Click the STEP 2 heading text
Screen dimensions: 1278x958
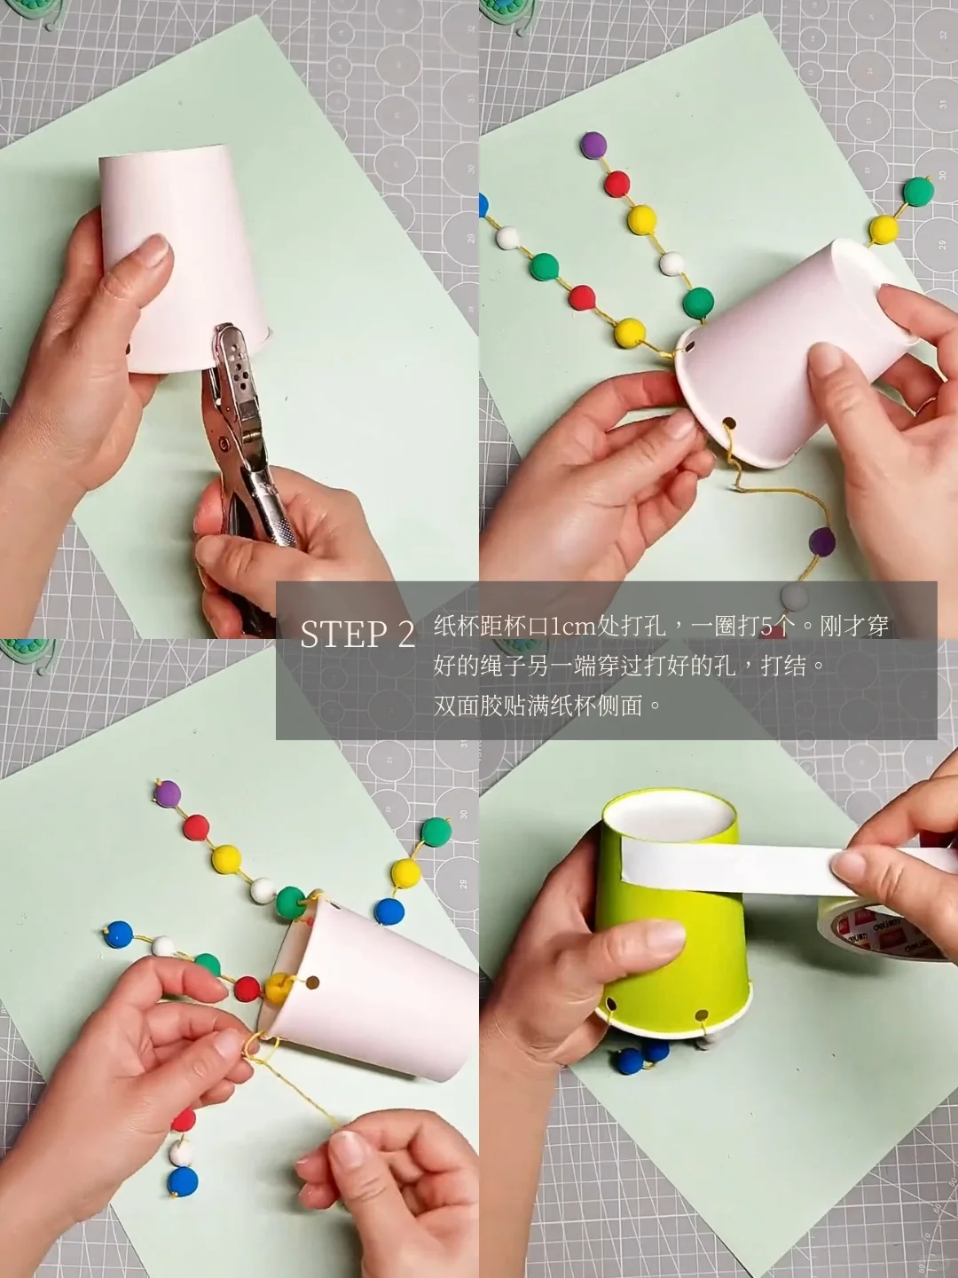pos(357,635)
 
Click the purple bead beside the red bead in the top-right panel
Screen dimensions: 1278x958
pos(593,145)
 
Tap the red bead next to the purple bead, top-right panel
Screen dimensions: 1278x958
pos(616,185)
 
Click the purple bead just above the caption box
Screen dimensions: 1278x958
pos(822,540)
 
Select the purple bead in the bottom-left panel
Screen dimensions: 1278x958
pos(169,792)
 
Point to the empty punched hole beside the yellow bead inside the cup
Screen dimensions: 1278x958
pos(312,983)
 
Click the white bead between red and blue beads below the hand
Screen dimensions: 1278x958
pos(182,1151)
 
